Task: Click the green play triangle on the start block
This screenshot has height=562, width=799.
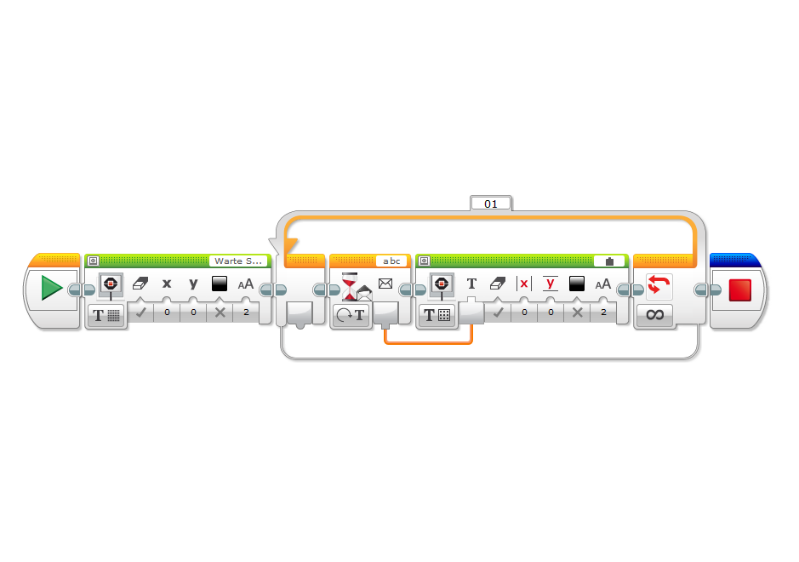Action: (x=51, y=289)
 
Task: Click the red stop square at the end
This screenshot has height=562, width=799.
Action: (x=739, y=289)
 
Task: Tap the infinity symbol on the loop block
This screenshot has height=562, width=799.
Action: (x=654, y=315)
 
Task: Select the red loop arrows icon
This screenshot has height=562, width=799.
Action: (x=659, y=285)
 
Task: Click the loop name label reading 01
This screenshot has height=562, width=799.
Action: (x=490, y=204)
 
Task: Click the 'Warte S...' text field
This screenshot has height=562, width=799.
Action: (x=239, y=261)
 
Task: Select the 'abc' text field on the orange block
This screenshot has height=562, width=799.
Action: (x=391, y=261)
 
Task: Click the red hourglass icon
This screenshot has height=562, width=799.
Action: (x=350, y=285)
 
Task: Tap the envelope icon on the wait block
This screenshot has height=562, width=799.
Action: (x=385, y=284)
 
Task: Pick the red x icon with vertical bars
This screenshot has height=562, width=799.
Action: (x=523, y=284)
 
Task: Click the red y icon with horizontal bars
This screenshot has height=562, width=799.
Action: (x=550, y=284)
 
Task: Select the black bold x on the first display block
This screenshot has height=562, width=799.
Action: (x=167, y=284)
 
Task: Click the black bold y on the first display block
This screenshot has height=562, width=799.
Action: (x=193, y=284)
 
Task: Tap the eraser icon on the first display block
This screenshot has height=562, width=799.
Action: (x=140, y=284)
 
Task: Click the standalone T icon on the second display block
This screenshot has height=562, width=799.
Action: (x=471, y=284)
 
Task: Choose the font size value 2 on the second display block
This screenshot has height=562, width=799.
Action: (x=603, y=313)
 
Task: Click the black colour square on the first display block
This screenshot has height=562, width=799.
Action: (x=220, y=284)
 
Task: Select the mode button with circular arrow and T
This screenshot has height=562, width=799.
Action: (x=350, y=315)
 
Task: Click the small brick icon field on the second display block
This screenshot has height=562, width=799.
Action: (x=609, y=261)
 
